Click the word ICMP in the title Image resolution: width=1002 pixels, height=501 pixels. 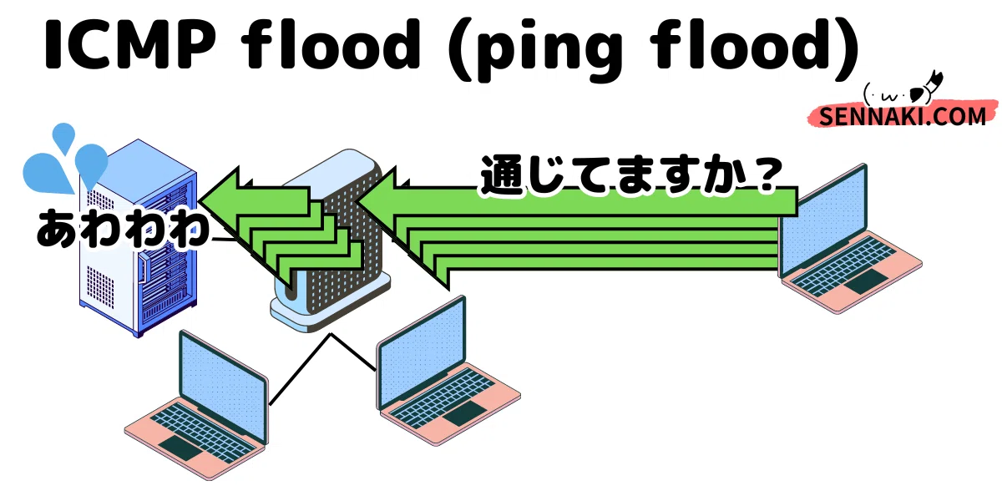(130, 45)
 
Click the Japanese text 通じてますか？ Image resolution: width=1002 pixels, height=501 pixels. (630, 175)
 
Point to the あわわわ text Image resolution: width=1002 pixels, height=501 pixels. (124, 228)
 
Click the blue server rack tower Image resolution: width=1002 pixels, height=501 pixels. (138, 237)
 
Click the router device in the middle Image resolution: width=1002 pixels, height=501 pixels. (330, 241)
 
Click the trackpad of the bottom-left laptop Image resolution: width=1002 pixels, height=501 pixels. (181, 448)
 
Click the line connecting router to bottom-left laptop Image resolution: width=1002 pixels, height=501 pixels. (300, 369)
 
